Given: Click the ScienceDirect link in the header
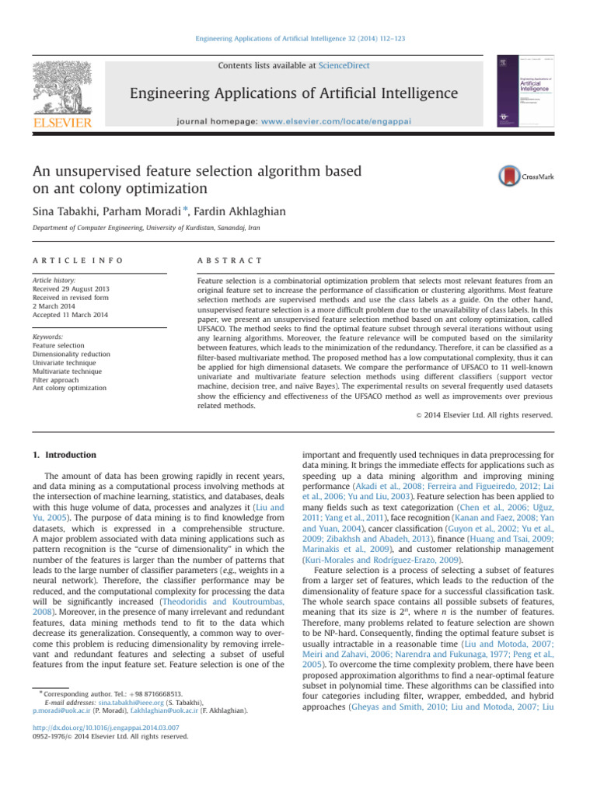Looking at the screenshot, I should coord(344,66).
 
